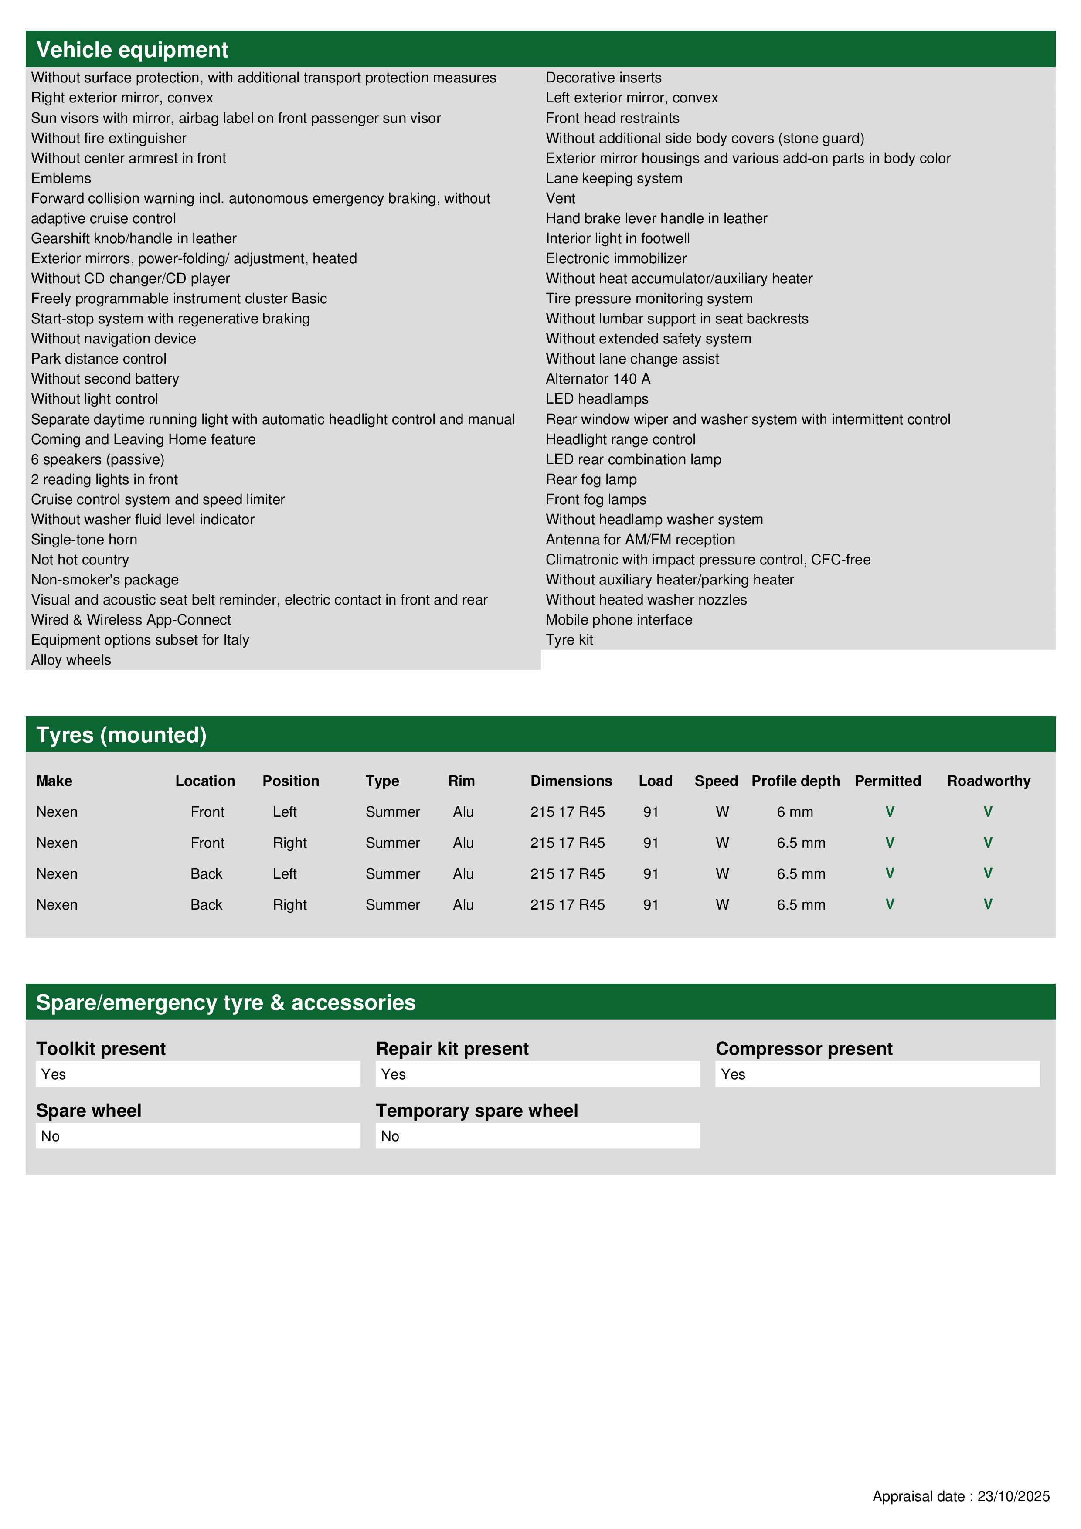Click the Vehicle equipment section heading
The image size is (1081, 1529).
(132, 50)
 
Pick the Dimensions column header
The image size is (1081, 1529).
(571, 781)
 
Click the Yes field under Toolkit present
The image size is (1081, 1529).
(198, 1074)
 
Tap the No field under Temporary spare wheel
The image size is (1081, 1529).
(537, 1136)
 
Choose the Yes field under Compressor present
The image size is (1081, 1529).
(877, 1074)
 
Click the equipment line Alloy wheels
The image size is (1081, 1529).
(71, 660)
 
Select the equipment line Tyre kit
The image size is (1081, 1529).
(569, 640)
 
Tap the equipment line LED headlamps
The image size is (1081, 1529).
(597, 399)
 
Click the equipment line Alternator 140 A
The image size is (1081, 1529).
(598, 379)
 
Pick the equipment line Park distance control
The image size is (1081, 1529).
(99, 359)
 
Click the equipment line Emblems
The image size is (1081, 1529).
(61, 178)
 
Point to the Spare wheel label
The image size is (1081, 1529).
(88, 1111)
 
